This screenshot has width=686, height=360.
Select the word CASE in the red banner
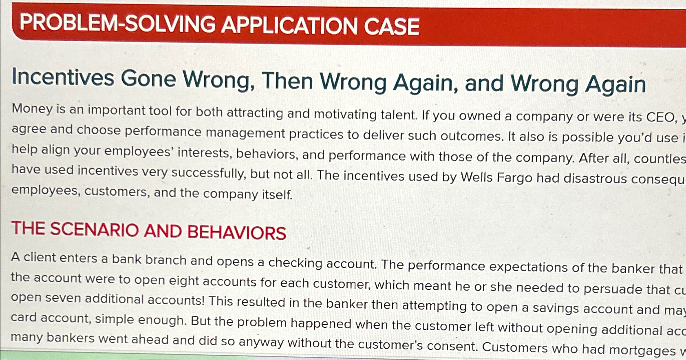click(392, 27)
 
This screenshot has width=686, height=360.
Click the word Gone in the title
click(148, 78)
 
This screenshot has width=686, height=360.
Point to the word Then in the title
click(287, 81)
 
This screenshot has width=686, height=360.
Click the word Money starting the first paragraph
click(32, 109)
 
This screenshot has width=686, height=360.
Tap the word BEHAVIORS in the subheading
click(236, 232)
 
